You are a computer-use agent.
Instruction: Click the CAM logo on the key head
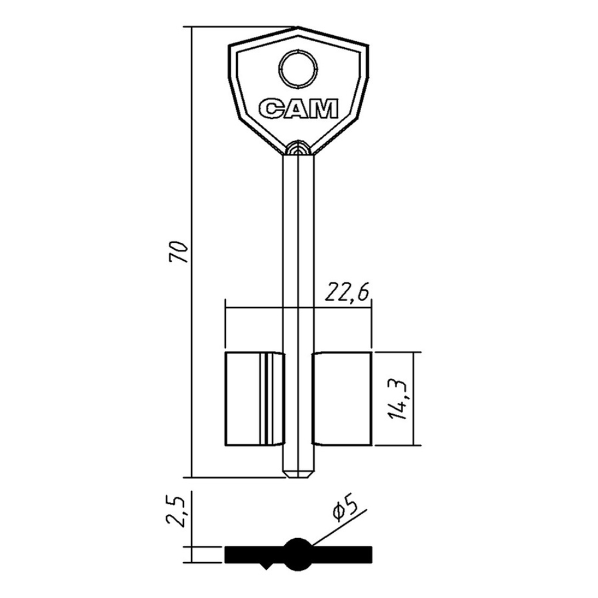click(x=298, y=109)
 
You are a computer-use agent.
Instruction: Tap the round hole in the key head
click(x=298, y=69)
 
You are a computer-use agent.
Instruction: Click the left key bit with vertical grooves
click(x=255, y=399)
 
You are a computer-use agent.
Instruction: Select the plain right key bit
click(x=341, y=399)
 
